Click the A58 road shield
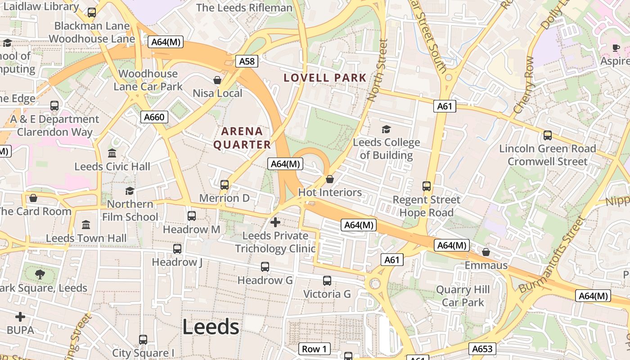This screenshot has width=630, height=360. pyautogui.click(x=247, y=61)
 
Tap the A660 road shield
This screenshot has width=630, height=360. pyautogui.click(x=154, y=117)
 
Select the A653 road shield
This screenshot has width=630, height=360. pyautogui.click(x=483, y=349)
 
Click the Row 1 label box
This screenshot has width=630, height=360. pyautogui.click(x=314, y=349)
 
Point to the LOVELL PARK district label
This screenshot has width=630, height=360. pyautogui.click(x=325, y=78)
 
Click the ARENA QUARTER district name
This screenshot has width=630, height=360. pyautogui.click(x=242, y=138)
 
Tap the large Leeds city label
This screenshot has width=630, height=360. pyautogui.click(x=211, y=327)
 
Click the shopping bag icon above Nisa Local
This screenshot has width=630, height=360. pyautogui.click(x=217, y=81)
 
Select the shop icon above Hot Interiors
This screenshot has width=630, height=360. pyautogui.click(x=330, y=180)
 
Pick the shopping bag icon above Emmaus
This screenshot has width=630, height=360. pyautogui.click(x=486, y=252)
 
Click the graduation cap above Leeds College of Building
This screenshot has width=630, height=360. pyautogui.click(x=386, y=130)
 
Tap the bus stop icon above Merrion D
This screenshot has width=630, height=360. pyautogui.click(x=224, y=185)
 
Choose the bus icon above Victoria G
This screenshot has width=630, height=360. pyautogui.click(x=327, y=281)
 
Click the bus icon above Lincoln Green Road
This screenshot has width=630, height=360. pyautogui.click(x=547, y=135)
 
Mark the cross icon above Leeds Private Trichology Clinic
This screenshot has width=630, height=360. pyautogui.click(x=275, y=222)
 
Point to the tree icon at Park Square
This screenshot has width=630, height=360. pyautogui.click(x=40, y=274)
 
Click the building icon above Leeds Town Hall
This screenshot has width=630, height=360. pyautogui.click(x=86, y=225)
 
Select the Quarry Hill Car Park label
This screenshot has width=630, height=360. pyautogui.click(x=463, y=296)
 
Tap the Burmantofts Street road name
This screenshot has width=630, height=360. pyautogui.click(x=551, y=256)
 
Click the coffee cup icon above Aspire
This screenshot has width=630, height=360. pyautogui.click(x=616, y=48)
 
